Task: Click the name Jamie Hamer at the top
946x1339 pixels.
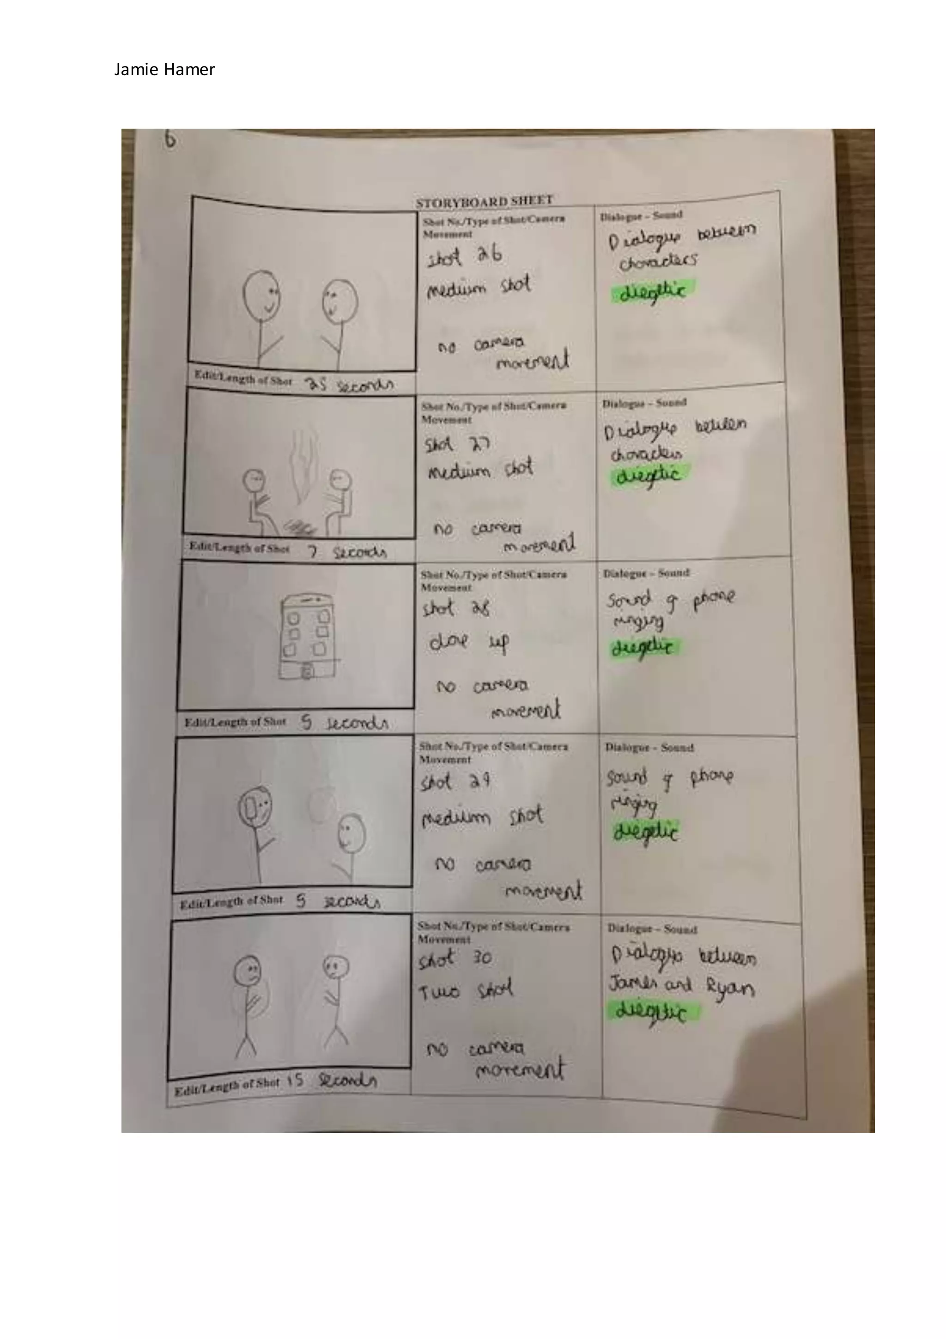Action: point(164,69)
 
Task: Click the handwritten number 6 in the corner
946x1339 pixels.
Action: point(170,139)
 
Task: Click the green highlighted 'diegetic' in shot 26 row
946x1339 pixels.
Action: point(652,291)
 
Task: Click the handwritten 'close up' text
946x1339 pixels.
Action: point(469,642)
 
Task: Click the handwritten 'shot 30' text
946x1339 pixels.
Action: point(455,958)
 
